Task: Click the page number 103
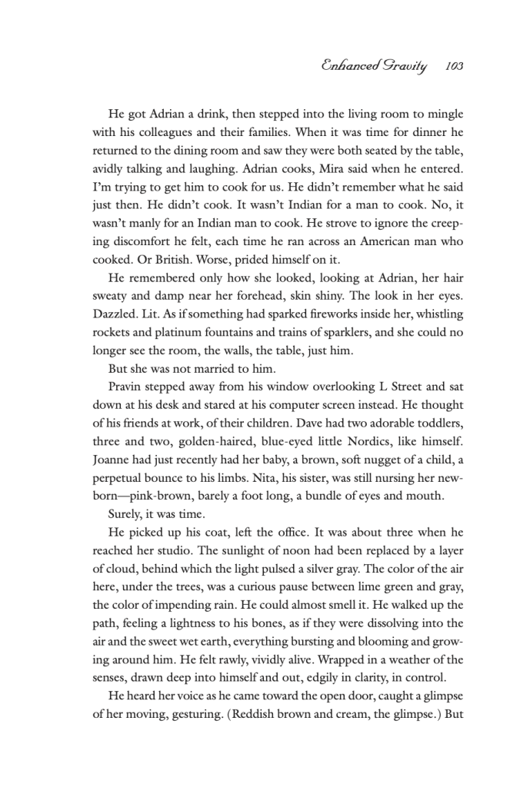pyautogui.click(x=454, y=67)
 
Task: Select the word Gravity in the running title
pyautogui.click(x=407, y=67)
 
